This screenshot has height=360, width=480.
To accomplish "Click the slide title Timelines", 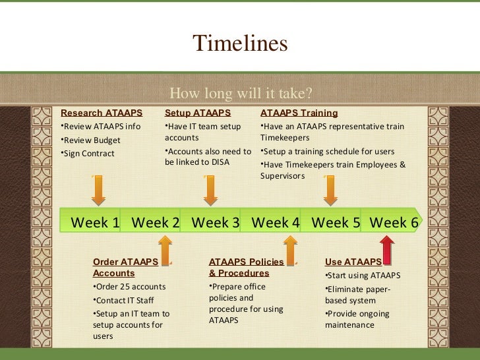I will (240, 44).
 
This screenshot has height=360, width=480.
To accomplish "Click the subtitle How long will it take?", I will (241, 92).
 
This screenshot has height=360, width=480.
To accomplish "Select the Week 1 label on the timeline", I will (95, 223).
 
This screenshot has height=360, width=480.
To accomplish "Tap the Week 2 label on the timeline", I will (156, 223).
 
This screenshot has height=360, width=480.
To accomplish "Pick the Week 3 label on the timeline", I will (216, 223).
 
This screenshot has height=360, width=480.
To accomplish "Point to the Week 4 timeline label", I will (276, 223).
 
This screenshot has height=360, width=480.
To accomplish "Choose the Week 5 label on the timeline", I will (336, 223).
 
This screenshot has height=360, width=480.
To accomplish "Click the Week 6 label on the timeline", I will (394, 223).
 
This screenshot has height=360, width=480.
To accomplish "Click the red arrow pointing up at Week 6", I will (387, 250).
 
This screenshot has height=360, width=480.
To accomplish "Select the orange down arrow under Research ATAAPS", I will (98, 191).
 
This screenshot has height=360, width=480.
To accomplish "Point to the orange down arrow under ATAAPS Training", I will (330, 191).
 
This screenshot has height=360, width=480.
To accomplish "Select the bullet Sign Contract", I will (88, 154).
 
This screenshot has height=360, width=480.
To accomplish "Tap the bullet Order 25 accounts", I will (130, 287).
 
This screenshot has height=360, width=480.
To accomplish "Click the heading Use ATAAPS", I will (353, 262).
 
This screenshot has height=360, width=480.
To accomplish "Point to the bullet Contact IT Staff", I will (124, 301).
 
